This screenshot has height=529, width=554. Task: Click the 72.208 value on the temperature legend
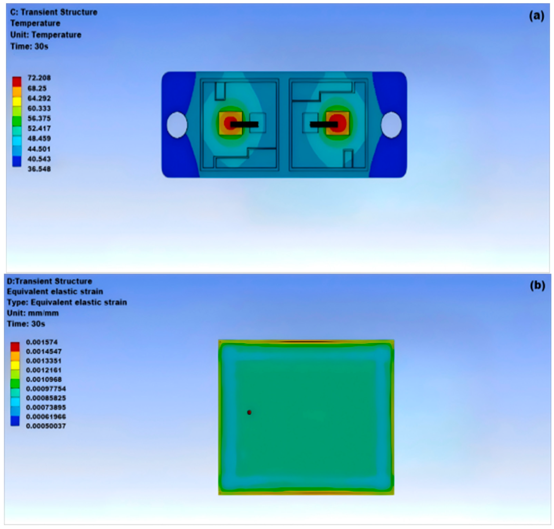(x=39, y=78)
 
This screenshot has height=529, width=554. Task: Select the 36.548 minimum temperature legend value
(x=39, y=169)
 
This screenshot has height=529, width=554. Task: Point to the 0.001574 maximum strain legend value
(x=42, y=342)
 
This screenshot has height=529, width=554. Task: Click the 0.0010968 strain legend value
(x=44, y=379)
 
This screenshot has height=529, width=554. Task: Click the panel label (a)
(x=536, y=16)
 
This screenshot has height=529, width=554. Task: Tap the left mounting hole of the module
(x=177, y=125)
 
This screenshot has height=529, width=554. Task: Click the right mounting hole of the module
(x=391, y=125)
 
